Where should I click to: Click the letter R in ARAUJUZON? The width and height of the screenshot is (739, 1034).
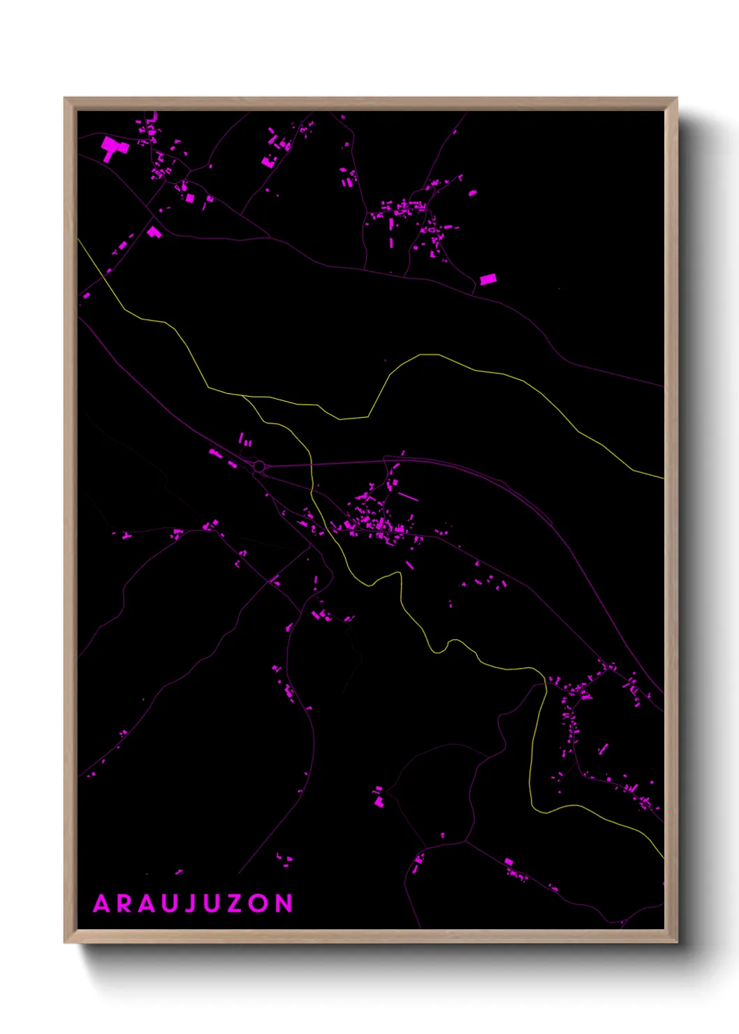[x=124, y=903]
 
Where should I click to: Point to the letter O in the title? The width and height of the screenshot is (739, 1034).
[x=257, y=903]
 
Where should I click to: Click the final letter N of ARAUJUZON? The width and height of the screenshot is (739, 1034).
[x=283, y=903]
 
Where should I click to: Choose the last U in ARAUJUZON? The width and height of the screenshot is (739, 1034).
[x=211, y=903]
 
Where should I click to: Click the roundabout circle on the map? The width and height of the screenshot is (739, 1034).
[x=259, y=466]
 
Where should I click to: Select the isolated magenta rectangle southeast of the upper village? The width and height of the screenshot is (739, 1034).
[x=488, y=279]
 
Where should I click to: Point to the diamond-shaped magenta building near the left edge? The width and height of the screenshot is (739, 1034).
[x=154, y=231]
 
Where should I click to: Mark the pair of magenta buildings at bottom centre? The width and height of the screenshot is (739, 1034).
[x=379, y=797]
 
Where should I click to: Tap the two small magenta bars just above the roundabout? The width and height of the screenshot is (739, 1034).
[x=245, y=440]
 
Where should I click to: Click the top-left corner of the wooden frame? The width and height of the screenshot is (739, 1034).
[x=65, y=99]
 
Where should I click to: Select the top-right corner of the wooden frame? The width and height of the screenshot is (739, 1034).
[x=676, y=99]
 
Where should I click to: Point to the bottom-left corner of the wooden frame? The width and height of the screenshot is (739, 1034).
[x=65, y=942]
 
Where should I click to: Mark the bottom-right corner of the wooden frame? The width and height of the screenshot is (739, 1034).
[x=676, y=942]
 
